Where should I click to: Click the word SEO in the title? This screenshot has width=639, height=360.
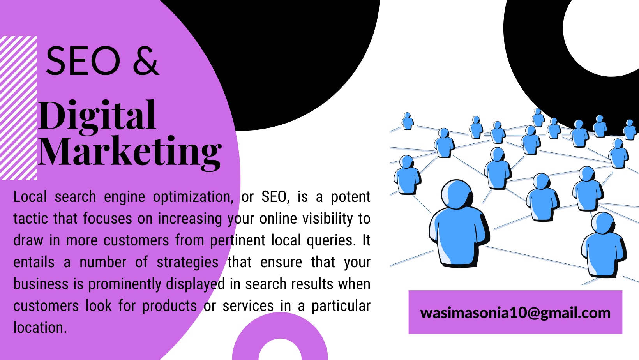[83, 61]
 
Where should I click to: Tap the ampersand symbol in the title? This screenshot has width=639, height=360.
[146, 61]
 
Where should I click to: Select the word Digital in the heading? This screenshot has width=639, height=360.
[97, 117]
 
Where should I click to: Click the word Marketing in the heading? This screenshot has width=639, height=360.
[129, 153]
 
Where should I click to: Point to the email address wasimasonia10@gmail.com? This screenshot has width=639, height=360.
[515, 313]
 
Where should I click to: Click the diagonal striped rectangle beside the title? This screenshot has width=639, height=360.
[19, 108]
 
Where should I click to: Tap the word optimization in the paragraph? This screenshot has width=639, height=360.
[193, 197]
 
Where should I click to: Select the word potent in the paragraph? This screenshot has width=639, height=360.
[351, 197]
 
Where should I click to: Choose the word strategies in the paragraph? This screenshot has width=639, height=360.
[188, 263]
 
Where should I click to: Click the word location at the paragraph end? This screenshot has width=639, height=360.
[40, 328]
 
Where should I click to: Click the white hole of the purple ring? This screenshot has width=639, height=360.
[280, 350]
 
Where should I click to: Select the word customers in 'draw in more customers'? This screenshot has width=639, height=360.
[136, 240]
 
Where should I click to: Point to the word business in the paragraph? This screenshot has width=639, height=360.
[41, 284]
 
